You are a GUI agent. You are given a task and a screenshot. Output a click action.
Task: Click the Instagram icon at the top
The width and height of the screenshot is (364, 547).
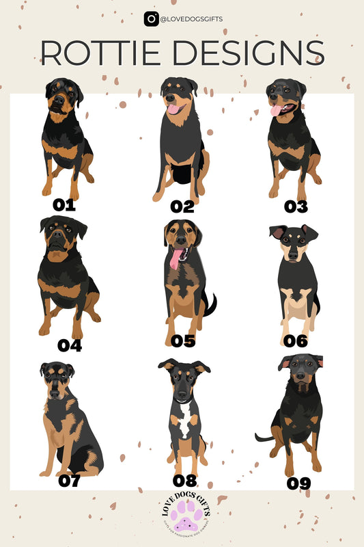click(x=151, y=19)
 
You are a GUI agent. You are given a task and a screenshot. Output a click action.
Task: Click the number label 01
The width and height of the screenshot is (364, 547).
click(x=64, y=204)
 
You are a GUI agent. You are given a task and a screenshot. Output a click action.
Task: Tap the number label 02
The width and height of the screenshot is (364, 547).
click(x=182, y=206)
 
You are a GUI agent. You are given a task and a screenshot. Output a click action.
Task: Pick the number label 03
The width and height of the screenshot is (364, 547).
click(x=295, y=206)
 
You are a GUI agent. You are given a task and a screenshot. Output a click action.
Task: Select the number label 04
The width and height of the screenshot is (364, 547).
click(x=69, y=345)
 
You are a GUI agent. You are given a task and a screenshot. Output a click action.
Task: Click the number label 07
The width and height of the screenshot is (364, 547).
click(x=69, y=481)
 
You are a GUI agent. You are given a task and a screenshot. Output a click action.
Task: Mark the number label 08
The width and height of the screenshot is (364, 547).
click(x=184, y=480)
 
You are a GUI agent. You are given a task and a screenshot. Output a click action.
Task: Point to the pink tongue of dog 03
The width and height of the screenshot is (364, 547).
click(x=276, y=110)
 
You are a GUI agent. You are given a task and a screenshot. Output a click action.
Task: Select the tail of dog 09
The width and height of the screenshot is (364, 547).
click(x=263, y=437)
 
